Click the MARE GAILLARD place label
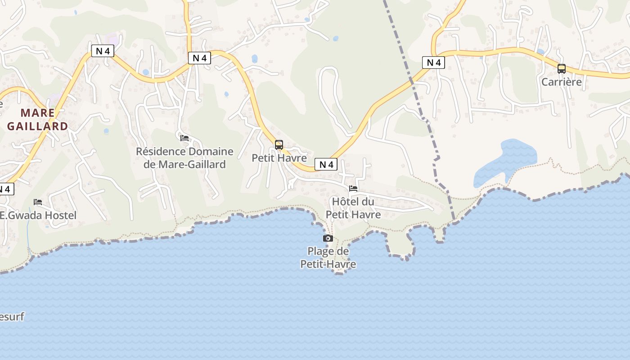tap(37, 119)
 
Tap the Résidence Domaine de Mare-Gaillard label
tap(184, 158)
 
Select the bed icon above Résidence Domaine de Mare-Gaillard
tap(184, 138)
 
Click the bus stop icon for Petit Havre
tap(279, 145)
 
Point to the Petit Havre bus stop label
tap(279, 158)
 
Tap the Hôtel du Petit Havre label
tap(353, 208)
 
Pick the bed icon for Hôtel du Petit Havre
tap(353, 188)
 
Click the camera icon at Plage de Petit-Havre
tap(328, 238)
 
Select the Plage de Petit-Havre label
tap(328, 258)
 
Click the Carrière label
tap(561, 82)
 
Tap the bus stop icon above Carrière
tap(562, 69)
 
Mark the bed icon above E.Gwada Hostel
tap(38, 202)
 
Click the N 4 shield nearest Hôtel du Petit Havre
tap(326, 165)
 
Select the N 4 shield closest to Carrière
tap(433, 63)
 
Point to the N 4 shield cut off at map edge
tap(5, 189)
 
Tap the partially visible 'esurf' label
tap(12, 317)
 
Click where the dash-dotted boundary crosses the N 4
tap(411, 80)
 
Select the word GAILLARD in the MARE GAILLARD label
tap(37, 126)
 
